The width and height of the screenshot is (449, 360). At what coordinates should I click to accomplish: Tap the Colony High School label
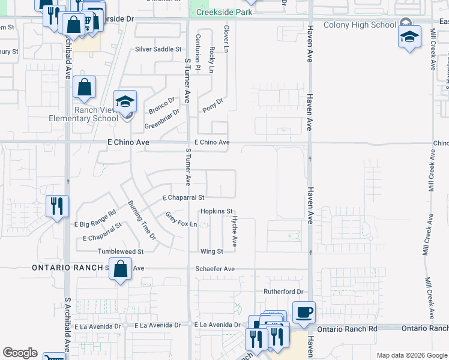pos(360,25)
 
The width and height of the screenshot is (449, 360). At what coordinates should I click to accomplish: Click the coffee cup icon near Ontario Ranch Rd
pos(304,312)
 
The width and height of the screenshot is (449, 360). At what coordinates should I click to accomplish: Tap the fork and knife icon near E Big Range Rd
pos(58,206)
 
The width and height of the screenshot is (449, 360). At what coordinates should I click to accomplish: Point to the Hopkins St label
pos(216,211)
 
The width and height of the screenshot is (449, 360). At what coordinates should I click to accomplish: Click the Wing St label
pos(211,251)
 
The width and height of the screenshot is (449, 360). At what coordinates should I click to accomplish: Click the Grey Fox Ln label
pos(181,220)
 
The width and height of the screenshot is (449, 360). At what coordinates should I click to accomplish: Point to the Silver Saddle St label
pos(158,49)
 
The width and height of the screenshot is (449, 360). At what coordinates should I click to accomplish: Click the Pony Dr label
pos(212,105)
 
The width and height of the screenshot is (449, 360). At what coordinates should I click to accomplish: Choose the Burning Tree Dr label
pos(142,220)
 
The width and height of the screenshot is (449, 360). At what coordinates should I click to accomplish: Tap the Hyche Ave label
pos(235,232)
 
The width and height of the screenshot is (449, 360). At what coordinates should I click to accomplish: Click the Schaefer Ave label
pos(215,269)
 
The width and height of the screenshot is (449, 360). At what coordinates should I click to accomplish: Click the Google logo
pos(20,353)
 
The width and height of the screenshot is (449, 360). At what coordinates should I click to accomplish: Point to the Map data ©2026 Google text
pos(411,355)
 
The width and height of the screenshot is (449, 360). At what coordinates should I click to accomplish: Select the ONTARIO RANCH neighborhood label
pos(67,268)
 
